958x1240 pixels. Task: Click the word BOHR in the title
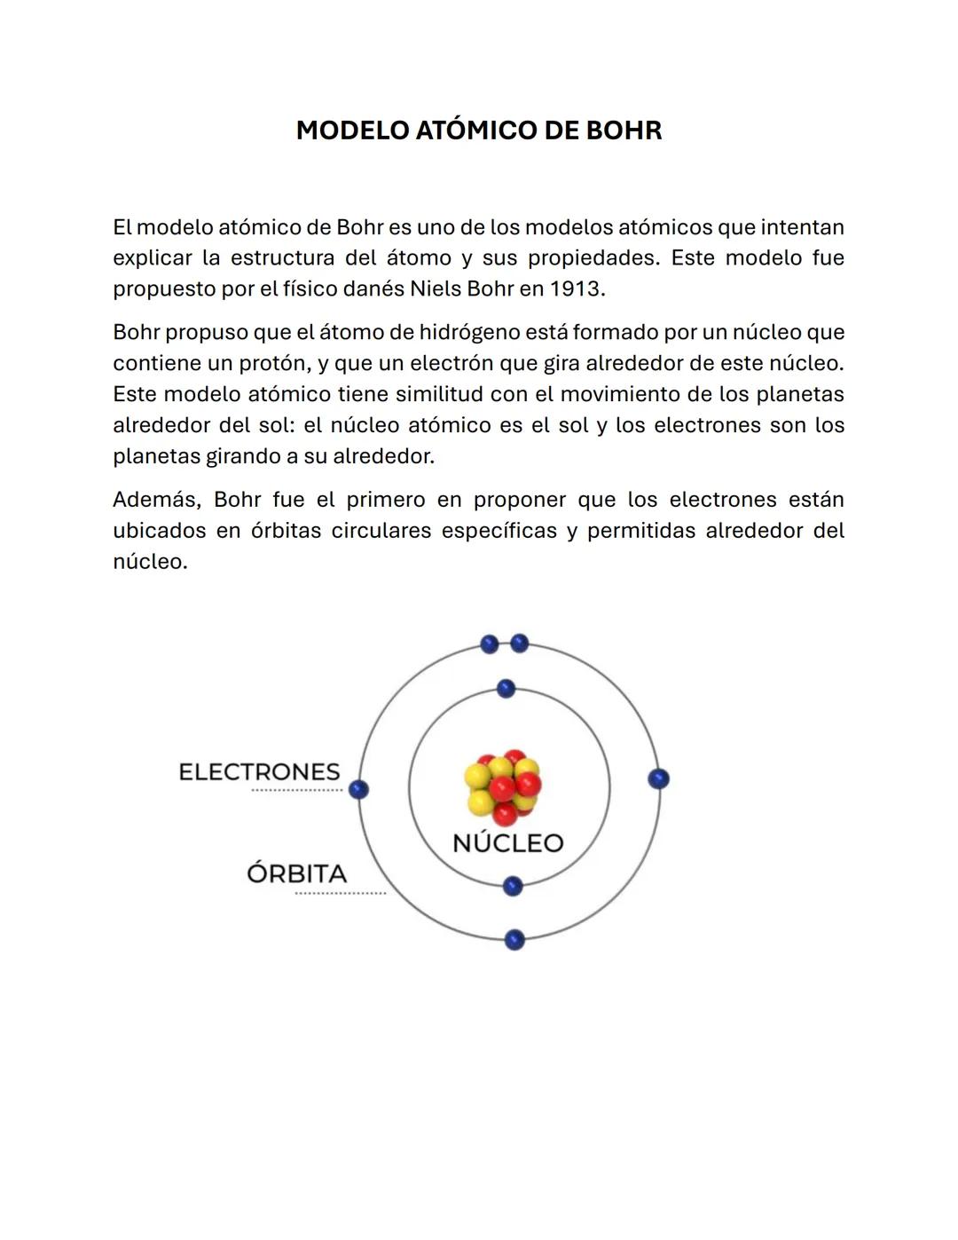624,130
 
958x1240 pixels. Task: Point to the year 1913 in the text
575,289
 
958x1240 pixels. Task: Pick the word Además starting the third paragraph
156,500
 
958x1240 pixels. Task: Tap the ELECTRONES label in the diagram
259,772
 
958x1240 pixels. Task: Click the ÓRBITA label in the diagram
296,874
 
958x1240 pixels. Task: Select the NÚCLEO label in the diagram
507,843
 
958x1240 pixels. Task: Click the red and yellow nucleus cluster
503,786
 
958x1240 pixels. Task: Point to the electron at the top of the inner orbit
506,689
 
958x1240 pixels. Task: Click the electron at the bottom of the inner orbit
513,886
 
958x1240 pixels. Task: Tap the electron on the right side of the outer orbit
658,778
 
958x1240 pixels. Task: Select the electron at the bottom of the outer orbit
514,940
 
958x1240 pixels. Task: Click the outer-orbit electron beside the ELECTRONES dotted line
358,789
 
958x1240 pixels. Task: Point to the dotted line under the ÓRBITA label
340,893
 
